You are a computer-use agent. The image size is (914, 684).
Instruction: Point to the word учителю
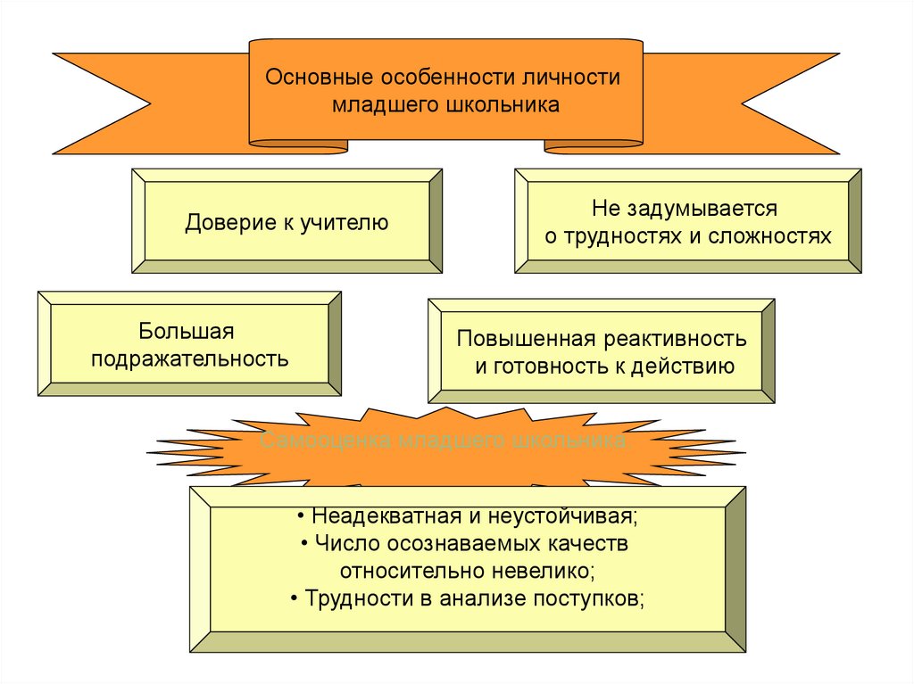(x=345, y=223)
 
